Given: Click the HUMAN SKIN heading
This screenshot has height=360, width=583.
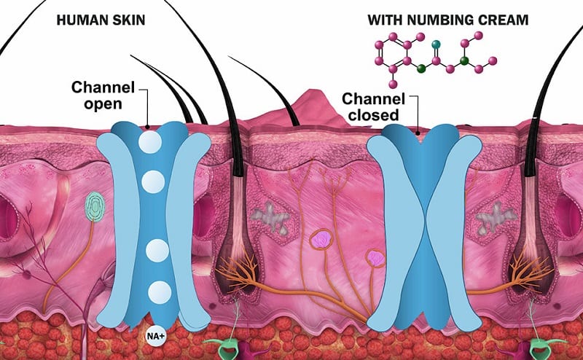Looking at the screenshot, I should click(x=100, y=15).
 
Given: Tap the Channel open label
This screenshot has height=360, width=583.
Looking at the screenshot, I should click(x=101, y=95).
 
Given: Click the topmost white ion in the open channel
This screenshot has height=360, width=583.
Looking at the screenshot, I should click(x=152, y=141).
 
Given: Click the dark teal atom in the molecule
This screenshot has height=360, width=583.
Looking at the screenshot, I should click(x=437, y=45).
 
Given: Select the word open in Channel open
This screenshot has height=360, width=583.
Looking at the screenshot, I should click(x=101, y=103).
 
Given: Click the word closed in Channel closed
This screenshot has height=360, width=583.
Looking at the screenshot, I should click(x=372, y=114).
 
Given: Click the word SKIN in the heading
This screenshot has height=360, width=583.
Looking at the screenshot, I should click(x=127, y=15).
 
